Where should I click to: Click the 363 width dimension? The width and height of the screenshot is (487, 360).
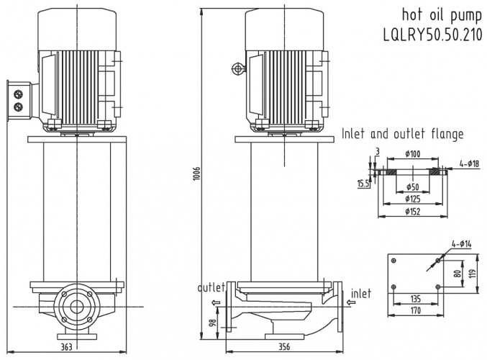[65, 348]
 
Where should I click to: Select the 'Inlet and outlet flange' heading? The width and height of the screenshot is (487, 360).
[402, 134]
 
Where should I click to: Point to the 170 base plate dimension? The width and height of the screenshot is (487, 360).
[415, 312]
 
